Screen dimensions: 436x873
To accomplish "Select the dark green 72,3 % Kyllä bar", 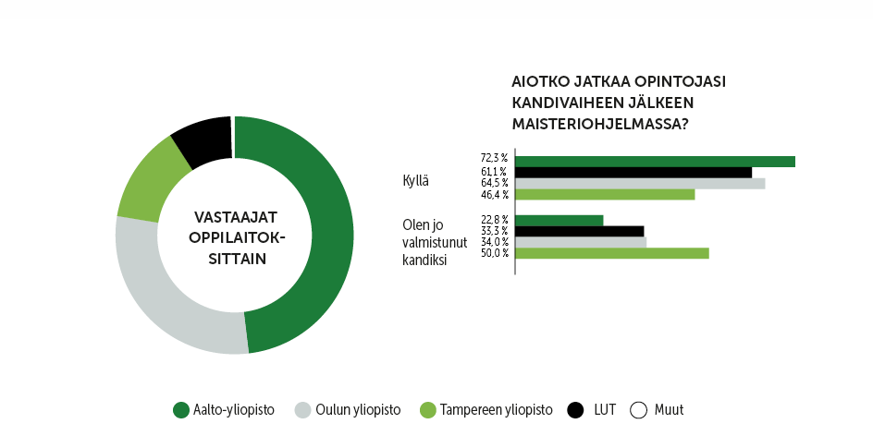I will [654, 162].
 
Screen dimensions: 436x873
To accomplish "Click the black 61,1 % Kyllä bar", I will [633, 172].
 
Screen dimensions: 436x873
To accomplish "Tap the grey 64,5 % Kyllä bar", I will [639, 183].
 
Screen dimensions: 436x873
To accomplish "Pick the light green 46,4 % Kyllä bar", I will [604, 194].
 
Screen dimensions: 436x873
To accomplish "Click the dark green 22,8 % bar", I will [559, 220].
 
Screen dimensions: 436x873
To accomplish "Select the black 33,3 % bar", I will [579, 231].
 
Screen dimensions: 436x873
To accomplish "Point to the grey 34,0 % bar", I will [580, 242].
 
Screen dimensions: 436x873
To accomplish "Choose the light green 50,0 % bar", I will [611, 253].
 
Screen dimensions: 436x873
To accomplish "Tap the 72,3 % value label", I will [494, 159].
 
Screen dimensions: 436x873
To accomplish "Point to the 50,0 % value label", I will [494, 253].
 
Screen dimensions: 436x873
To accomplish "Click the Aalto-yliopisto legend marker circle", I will [181, 410].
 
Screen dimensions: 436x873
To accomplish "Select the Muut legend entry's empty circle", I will [638, 410].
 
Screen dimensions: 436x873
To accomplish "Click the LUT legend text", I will [605, 410].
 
